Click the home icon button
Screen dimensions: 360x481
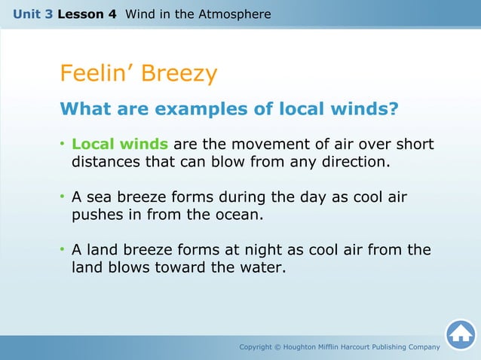click(x=461, y=335)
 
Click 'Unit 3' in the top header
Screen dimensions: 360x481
click(x=32, y=14)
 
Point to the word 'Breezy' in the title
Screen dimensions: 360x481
click(x=178, y=73)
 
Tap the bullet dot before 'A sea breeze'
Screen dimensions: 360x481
click(x=63, y=197)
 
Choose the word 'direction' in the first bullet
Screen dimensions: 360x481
click(x=355, y=161)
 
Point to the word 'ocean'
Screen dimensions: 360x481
click(x=237, y=214)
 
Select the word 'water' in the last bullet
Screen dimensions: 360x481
click(x=261, y=267)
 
